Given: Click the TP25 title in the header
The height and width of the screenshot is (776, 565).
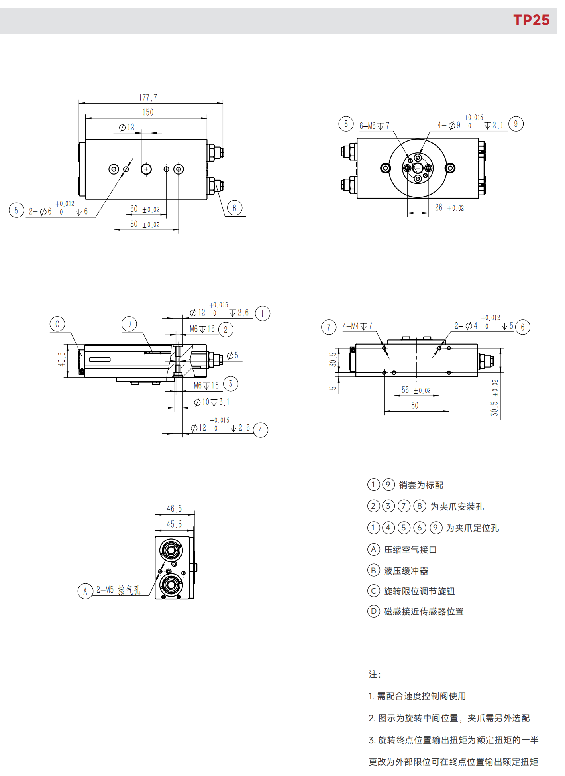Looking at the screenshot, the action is (531, 20).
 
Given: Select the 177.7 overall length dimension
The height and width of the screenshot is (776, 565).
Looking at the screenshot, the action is (148, 98).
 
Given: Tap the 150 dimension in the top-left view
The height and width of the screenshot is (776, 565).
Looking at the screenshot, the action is (148, 112).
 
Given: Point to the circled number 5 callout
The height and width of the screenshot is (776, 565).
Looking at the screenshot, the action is (16, 210).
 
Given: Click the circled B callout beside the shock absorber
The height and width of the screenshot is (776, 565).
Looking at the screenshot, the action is (235, 208).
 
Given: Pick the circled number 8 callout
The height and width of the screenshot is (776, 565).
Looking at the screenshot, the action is (346, 124).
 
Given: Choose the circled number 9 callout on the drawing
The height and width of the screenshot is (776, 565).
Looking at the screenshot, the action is (516, 124).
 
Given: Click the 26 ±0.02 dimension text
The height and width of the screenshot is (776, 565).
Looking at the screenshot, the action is (449, 207).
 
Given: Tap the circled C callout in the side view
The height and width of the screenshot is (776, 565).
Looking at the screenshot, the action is (57, 324).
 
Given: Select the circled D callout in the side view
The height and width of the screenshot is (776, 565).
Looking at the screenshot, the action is (129, 324).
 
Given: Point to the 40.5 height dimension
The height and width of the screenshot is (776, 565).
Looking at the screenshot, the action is (62, 359).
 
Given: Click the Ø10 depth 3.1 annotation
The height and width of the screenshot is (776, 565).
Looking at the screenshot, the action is (212, 402).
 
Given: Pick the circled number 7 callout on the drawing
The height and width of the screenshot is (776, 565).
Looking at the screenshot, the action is (329, 327).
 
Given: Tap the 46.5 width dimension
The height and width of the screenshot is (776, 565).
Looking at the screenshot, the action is (174, 509).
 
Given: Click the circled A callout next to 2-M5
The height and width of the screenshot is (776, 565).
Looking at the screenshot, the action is (85, 591).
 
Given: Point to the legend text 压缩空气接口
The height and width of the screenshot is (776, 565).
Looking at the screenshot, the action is (410, 550).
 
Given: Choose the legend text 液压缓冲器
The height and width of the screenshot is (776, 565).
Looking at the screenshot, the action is (406, 571).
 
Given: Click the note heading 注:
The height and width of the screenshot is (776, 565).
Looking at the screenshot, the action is (375, 674).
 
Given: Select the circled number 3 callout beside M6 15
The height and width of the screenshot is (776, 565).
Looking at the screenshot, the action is (231, 384).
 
